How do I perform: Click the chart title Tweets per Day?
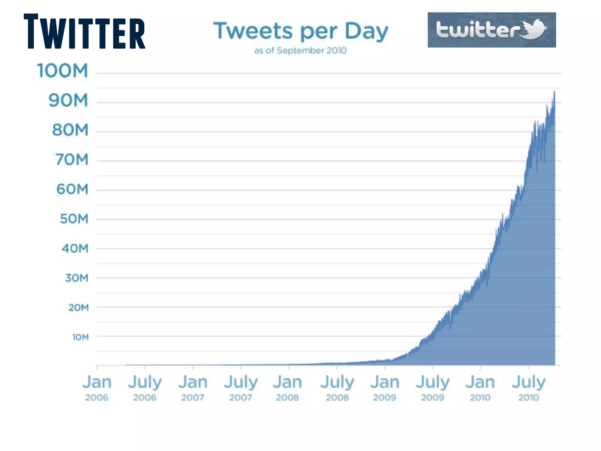coord(300,31)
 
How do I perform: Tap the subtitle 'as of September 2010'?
coord(300,51)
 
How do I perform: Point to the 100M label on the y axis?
coord(63,71)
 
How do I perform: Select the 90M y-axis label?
coord(68,100)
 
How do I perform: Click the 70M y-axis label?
coord(72,160)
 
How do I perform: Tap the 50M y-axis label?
coord(74,219)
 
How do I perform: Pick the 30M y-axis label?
coord(77,278)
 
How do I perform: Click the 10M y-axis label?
coord(80,337)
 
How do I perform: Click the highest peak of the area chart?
coord(554,92)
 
